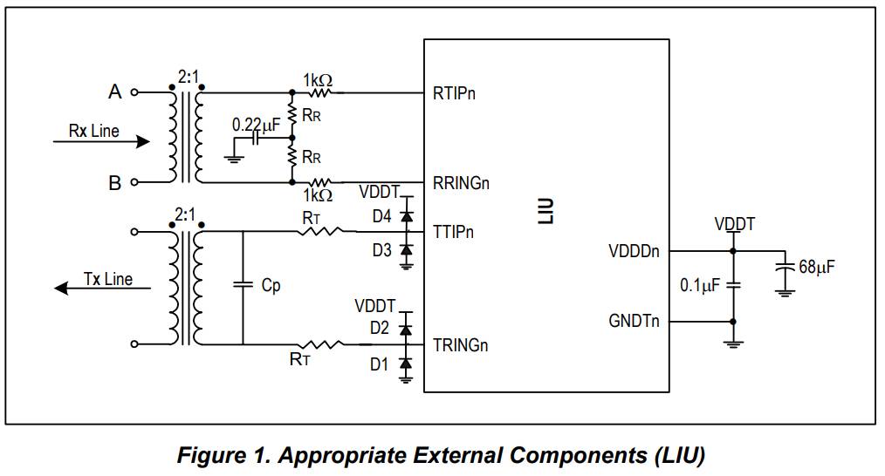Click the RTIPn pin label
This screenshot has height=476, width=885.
click(x=455, y=92)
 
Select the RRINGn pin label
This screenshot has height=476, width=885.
click(x=461, y=183)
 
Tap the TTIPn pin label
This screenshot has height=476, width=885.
click(x=453, y=234)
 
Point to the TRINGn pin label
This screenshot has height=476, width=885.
click(x=460, y=345)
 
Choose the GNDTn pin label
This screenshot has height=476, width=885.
click(x=634, y=322)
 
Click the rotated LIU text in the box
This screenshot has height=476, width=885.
click(x=546, y=212)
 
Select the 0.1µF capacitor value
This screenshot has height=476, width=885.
click(x=699, y=285)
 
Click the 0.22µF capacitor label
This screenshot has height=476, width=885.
click(x=256, y=126)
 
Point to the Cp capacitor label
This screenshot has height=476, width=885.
click(x=271, y=285)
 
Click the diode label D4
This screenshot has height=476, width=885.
click(x=381, y=217)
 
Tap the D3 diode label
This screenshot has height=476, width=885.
click(x=381, y=251)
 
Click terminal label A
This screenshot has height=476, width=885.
click(x=114, y=92)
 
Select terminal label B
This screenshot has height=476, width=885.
click(x=114, y=183)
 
